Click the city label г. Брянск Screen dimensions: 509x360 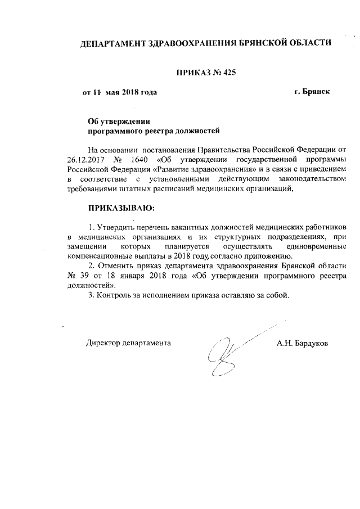click(x=312, y=91)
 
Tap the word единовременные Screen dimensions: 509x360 click(x=312, y=247)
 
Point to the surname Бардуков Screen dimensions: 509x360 click(x=313, y=342)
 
